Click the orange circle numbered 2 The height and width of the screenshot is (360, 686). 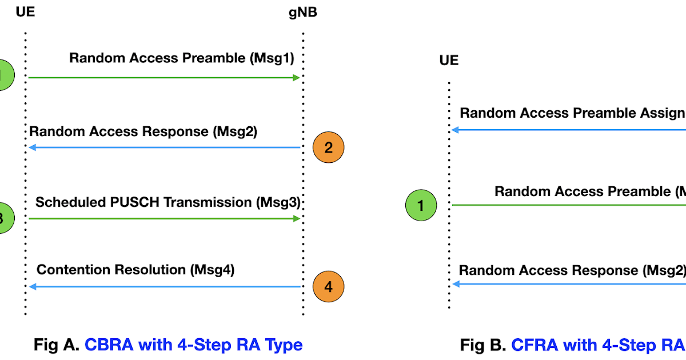328,148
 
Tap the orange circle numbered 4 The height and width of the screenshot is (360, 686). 328,287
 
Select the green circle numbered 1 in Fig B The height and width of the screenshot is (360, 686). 421,206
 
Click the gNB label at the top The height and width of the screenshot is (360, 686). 303,12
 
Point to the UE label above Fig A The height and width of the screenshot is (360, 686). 26,12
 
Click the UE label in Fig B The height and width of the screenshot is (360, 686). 449,61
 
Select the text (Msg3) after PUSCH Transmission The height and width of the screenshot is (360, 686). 278,202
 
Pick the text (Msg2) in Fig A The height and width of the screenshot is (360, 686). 234,131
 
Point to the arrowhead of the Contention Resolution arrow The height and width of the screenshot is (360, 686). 33,287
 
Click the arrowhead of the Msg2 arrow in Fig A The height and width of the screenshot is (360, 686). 33,148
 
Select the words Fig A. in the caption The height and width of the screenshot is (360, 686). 56,345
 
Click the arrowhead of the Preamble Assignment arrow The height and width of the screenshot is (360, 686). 455,130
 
